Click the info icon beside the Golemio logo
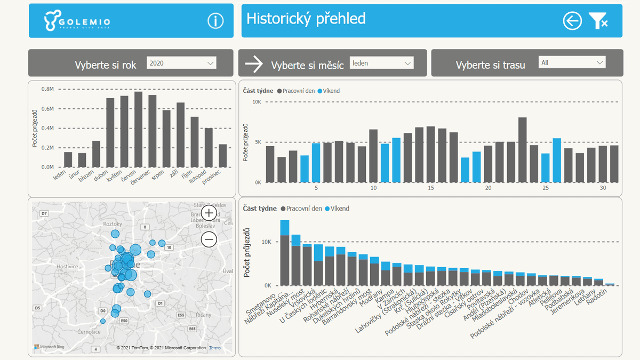click(215, 21)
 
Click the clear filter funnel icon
click(598, 21)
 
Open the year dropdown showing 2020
click(181, 63)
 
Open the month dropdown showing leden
click(381, 63)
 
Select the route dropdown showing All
click(572, 62)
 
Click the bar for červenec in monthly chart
click(138, 130)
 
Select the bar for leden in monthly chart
click(68, 159)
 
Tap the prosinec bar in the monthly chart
click(222, 155)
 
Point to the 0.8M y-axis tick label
click(47, 90)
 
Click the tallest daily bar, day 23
click(522, 150)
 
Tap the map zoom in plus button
click(209, 213)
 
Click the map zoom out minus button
click(209, 239)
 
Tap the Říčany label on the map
click(204, 299)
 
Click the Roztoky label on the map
click(113, 224)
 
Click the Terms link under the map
click(214, 348)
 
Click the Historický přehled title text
click(306, 19)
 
